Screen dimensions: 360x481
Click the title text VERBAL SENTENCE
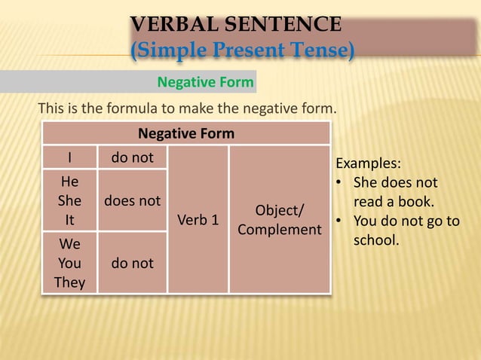coord(236,24)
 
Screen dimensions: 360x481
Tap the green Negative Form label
coord(204,81)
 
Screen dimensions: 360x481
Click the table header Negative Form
coord(185,133)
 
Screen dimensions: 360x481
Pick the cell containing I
coord(69,158)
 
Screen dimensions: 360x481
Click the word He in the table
coord(69,182)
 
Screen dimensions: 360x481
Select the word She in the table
coord(69,202)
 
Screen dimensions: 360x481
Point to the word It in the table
coord(69,221)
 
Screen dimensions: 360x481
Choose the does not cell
coord(132,201)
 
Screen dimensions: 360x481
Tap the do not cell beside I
coord(132,157)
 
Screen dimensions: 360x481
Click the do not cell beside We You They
coord(132,263)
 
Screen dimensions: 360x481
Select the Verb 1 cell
coord(198,220)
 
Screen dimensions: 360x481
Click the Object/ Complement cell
coord(279,219)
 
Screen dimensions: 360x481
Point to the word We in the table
coord(69,244)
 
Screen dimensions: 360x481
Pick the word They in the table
coord(69,282)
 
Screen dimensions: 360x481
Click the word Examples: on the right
coord(368,164)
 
